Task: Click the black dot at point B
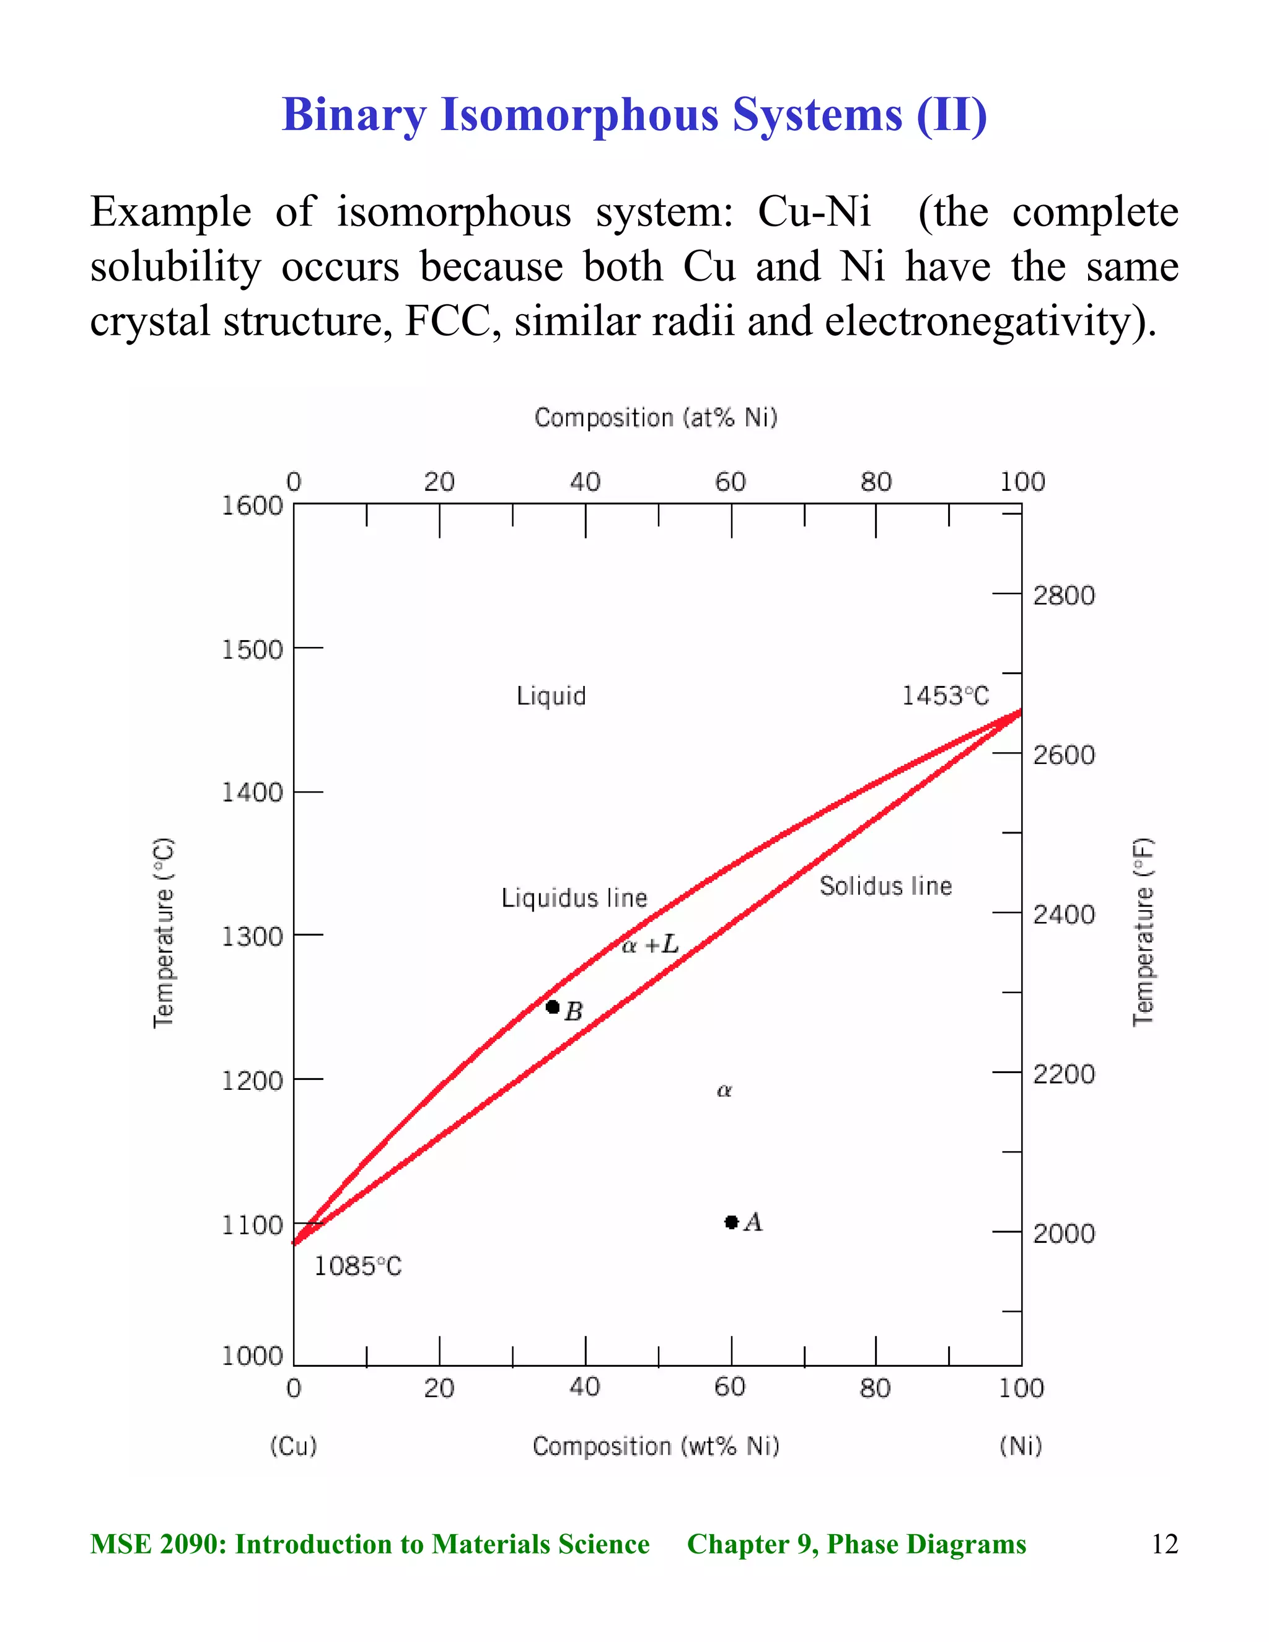(553, 1007)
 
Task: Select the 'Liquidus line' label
(574, 898)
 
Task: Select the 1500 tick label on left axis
(252, 649)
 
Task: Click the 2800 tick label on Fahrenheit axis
(1064, 595)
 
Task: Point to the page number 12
(1164, 1543)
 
